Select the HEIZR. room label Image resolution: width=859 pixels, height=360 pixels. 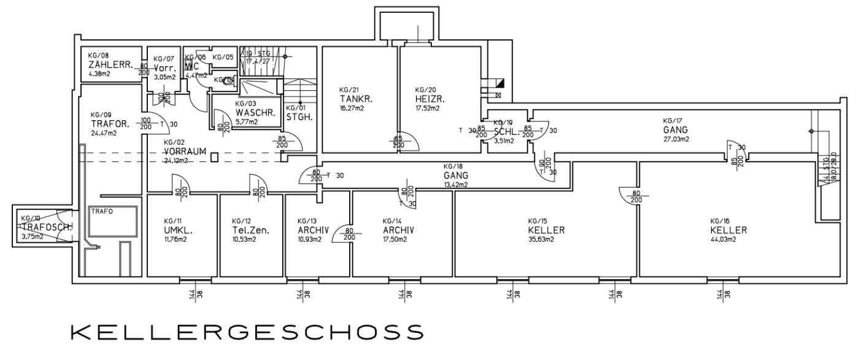[x=429, y=99]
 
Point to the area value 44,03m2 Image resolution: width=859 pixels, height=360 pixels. [x=723, y=240]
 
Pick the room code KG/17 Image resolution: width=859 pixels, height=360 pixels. [x=672, y=121]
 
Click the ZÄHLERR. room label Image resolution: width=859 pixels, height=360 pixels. [x=111, y=64]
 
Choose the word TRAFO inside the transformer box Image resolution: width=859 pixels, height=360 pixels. [x=101, y=211]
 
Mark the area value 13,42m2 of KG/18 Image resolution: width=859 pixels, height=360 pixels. [x=456, y=184]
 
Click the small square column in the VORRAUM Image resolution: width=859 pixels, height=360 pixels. [x=214, y=157]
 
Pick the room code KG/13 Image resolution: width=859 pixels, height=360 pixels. [x=307, y=221]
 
